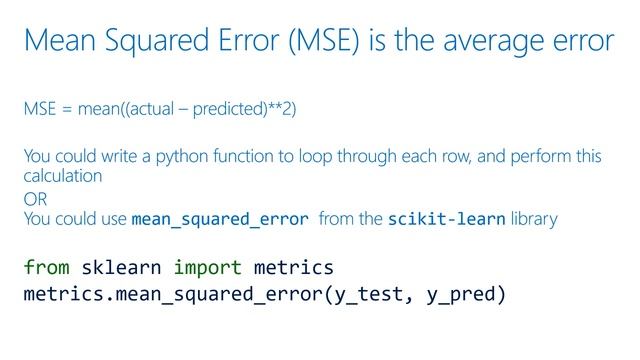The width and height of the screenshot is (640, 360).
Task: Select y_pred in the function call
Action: coord(463,296)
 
